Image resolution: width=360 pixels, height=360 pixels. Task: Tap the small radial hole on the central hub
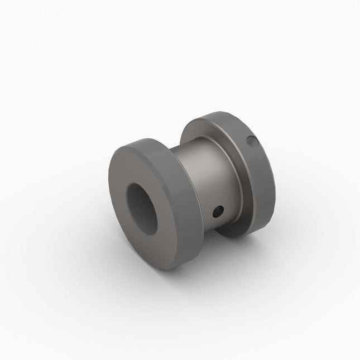click(x=218, y=211)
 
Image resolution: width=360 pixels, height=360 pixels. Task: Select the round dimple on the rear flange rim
click(x=252, y=142)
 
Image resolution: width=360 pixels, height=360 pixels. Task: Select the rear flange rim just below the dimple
click(x=258, y=159)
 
